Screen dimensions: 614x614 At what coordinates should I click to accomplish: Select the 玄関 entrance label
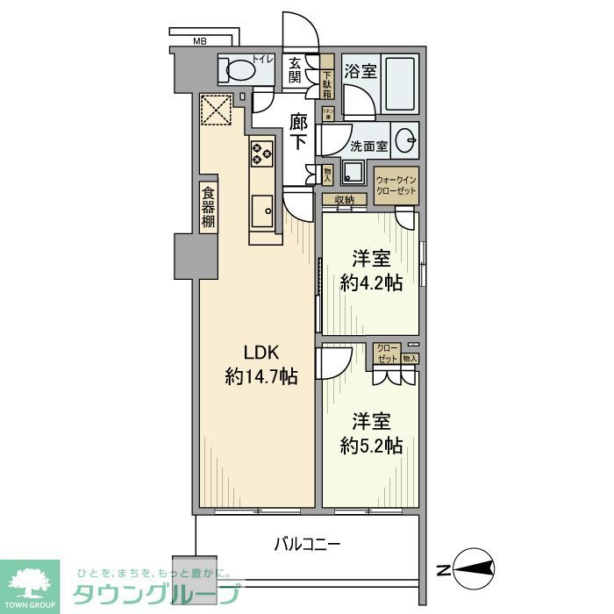(x=296, y=70)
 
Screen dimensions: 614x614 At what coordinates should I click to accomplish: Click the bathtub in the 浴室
(x=399, y=85)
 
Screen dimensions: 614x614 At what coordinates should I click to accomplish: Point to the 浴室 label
(x=361, y=70)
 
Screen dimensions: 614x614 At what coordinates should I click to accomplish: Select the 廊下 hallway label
(x=298, y=132)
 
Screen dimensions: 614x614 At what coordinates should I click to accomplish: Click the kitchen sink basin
(x=261, y=211)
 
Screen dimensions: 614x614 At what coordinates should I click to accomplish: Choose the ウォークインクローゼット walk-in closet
(x=396, y=185)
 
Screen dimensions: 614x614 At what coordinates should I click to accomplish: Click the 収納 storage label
(x=344, y=200)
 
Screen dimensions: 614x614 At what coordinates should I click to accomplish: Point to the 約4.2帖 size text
(x=371, y=283)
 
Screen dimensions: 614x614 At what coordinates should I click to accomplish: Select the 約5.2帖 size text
(x=371, y=446)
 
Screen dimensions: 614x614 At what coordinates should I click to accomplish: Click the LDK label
(x=261, y=352)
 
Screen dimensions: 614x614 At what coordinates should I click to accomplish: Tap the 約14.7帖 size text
(x=261, y=377)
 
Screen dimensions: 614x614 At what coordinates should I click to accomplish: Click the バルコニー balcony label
(x=306, y=545)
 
